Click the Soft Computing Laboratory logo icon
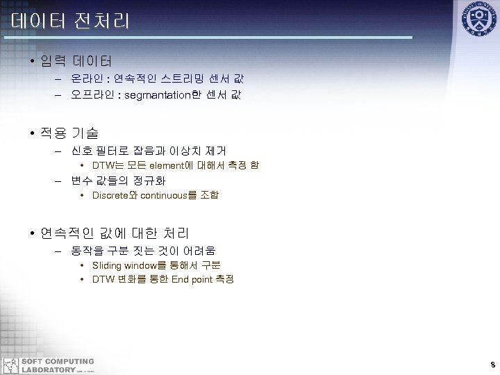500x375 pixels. [x=10, y=365]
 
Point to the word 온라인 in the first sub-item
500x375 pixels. [x=88, y=79]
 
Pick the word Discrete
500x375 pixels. [x=110, y=196]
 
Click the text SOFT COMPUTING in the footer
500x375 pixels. [x=58, y=361]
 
